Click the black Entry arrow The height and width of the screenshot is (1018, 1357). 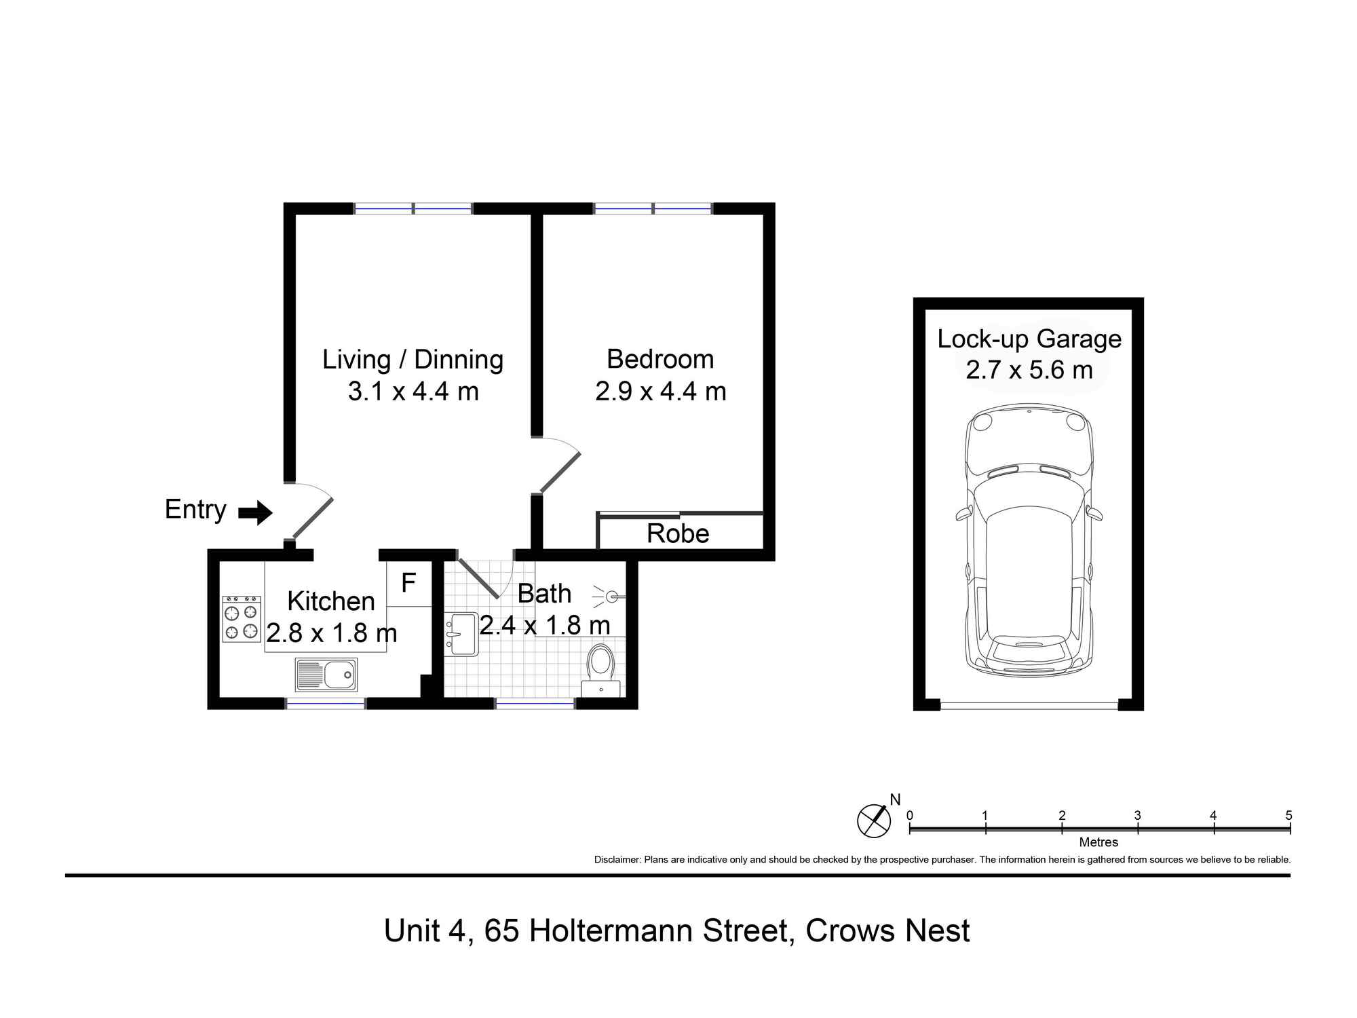coord(255,512)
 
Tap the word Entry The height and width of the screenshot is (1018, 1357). coord(195,510)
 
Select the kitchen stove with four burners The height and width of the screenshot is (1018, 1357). coord(242,619)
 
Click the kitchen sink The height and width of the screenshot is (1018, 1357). coord(326,675)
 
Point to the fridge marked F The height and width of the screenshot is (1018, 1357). coord(408,583)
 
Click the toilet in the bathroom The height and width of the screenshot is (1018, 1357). coord(600,670)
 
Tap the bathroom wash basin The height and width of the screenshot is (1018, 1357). coord(461,635)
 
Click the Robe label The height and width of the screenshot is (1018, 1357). coord(678,533)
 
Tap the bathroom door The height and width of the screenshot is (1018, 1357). coord(479,578)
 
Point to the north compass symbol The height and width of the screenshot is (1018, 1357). coord(874,821)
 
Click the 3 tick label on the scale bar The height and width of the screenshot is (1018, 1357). coord(1138,816)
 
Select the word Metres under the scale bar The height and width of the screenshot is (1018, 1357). coord(1098,842)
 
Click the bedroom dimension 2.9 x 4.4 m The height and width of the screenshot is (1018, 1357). coord(661,392)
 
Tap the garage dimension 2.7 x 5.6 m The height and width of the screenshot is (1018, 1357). coord(1029,370)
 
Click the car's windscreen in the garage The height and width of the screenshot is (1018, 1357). coord(1029,489)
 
